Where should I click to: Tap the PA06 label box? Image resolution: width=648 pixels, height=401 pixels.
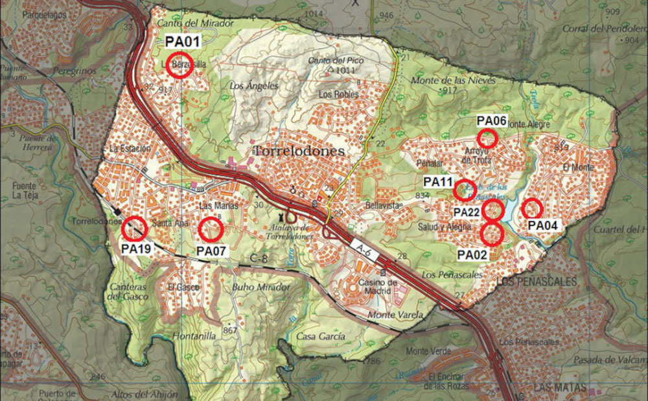coord(491,121)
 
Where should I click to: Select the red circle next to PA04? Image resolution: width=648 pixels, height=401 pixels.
coord(532,208)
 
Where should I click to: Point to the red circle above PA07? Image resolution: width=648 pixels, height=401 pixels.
coord(211,229)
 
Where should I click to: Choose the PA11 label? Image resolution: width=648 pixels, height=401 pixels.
coord(439,182)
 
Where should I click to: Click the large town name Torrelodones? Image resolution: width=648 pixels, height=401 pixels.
coord(298,151)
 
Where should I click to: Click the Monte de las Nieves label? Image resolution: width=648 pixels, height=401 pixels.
coord(453,80)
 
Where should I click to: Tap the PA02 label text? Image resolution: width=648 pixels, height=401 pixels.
coord(472,254)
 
